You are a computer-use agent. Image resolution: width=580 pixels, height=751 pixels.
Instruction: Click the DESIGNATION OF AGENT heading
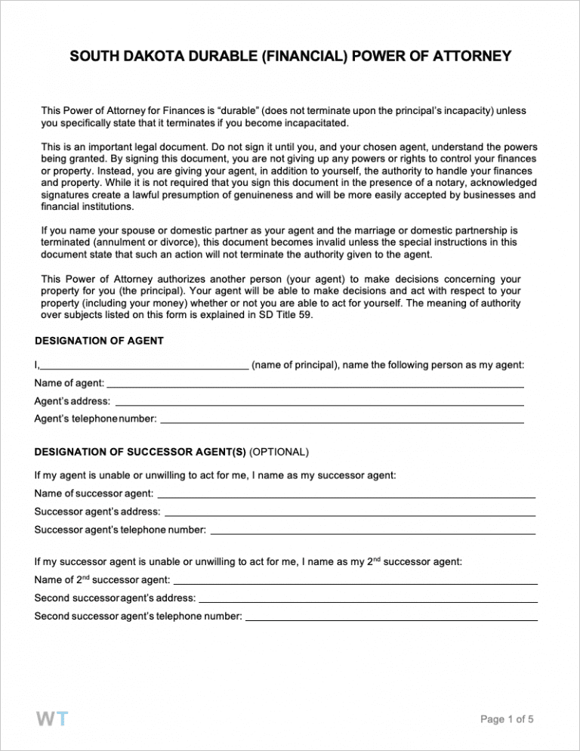click(99, 341)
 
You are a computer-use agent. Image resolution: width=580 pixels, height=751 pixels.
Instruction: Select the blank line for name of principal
click(143, 366)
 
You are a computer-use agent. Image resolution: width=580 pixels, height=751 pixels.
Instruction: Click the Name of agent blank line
click(315, 385)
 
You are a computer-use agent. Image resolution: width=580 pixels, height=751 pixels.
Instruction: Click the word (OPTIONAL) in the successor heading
click(279, 453)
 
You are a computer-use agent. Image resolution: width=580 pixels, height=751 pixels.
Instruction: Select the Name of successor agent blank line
click(347, 495)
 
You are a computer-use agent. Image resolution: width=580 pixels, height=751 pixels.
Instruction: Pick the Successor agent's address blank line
click(350, 512)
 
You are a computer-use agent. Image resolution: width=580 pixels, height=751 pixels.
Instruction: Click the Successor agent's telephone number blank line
click(372, 531)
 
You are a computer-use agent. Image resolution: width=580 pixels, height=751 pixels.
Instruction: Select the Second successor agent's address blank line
click(368, 600)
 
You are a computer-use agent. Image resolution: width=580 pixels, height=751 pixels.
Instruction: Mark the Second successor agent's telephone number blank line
click(391, 618)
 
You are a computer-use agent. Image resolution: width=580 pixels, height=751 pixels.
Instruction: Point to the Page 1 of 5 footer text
click(507, 719)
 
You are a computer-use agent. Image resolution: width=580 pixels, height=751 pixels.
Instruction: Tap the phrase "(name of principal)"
click(295, 366)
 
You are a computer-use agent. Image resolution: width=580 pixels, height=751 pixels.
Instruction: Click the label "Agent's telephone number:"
click(96, 419)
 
